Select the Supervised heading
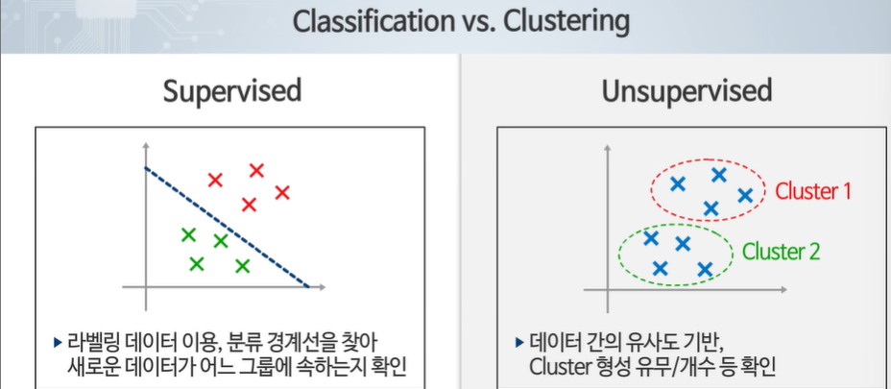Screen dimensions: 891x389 [x=231, y=92]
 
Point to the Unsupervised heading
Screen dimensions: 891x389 [x=686, y=92]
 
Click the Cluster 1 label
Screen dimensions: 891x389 [x=813, y=191]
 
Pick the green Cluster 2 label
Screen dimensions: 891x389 [x=781, y=252]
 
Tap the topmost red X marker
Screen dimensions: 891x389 [x=256, y=171]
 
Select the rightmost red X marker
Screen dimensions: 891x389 [x=282, y=192]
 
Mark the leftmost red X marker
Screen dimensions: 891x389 [x=215, y=180]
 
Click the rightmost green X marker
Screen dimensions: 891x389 [x=242, y=265]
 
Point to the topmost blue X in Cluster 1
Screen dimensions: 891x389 [x=718, y=174]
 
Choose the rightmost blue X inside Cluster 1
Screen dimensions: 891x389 [x=744, y=195]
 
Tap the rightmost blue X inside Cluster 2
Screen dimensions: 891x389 [x=704, y=270]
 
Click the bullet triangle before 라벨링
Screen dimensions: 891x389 [x=58, y=343]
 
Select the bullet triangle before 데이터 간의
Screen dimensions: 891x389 [x=519, y=343]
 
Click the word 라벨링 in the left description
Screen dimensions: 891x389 [x=91, y=343]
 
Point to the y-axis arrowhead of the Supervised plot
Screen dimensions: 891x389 [x=145, y=147]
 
